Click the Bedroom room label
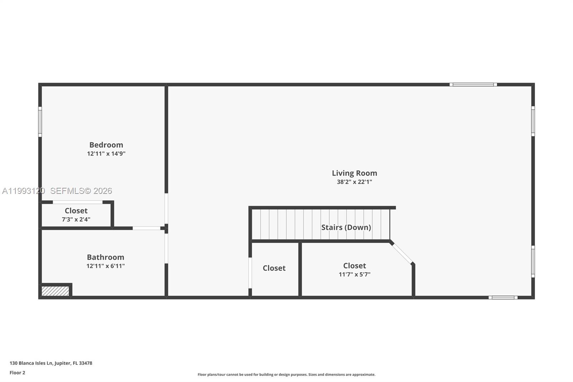pos(106,145)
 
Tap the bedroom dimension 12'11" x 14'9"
pos(106,154)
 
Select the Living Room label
pos(354,173)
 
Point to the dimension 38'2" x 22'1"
pos(354,182)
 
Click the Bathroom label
pos(105,257)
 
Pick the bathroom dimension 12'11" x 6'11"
pos(105,266)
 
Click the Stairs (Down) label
pos(346,227)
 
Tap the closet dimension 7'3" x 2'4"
pos(76,219)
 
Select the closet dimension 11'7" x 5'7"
pos(355,274)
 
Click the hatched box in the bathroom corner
pos(55,291)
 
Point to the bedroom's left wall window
pos(40,121)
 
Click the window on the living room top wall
pos(473,85)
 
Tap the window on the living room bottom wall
pos(503,297)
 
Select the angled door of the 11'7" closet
pos(402,253)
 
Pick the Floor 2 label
pos(17,373)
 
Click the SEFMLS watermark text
pos(81,191)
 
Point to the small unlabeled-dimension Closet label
pos(274,268)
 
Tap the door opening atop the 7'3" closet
pos(78,202)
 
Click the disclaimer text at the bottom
pos(286,374)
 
